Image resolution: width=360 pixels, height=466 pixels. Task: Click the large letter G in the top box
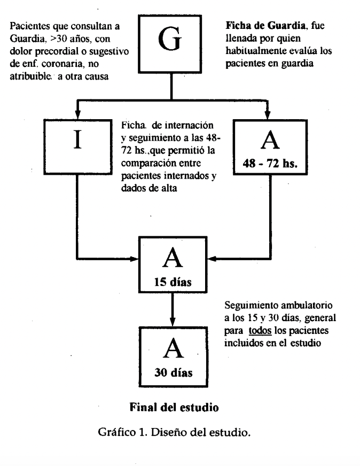point(170,39)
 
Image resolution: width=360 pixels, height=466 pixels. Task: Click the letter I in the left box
point(78,139)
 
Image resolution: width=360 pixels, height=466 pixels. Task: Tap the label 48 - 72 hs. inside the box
point(270,163)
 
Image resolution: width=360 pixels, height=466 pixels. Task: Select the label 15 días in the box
point(173,282)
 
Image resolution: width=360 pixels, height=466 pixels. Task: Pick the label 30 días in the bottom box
point(173,372)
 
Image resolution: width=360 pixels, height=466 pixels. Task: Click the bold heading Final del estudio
point(174,407)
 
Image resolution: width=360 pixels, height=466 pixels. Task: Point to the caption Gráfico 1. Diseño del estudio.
point(174,432)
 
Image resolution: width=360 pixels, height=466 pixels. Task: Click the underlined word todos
point(260,330)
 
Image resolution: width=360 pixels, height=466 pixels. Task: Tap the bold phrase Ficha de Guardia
point(265,26)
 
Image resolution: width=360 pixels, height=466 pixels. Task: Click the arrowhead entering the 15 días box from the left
point(135,259)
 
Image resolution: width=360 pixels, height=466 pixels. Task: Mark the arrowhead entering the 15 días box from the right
point(212,259)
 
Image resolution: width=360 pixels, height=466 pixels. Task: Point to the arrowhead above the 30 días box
point(173,322)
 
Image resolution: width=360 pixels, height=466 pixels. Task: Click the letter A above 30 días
point(173,348)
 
